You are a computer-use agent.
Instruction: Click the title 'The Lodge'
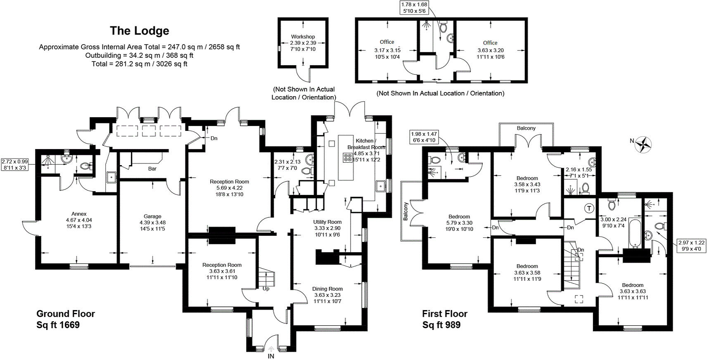[x=139, y=31]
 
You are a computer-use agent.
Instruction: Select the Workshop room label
[x=303, y=37]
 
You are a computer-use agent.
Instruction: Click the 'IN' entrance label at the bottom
[x=271, y=356]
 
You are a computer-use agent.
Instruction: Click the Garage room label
[x=152, y=216]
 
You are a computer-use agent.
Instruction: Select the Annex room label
[x=79, y=214]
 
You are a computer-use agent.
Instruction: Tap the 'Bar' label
[x=152, y=168]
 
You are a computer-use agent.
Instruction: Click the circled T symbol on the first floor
[x=589, y=209]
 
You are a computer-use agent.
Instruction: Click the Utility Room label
[x=327, y=222]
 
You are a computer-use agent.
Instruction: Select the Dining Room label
[x=327, y=289]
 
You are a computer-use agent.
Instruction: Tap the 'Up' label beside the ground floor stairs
[x=266, y=289]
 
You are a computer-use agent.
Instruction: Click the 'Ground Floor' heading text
[x=66, y=314]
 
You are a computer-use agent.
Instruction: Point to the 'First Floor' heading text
[x=444, y=314]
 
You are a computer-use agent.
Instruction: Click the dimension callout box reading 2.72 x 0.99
[x=14, y=165]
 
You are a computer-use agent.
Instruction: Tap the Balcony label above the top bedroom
[x=526, y=128]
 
